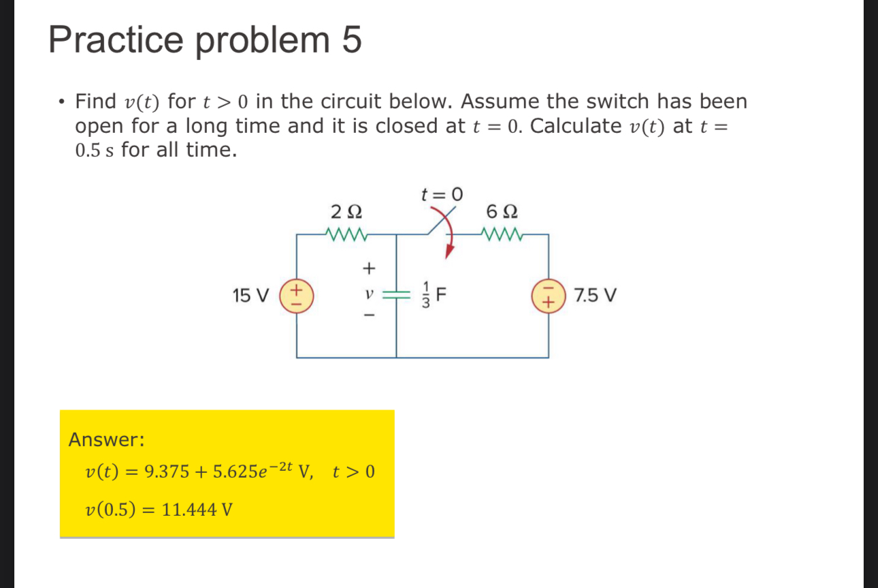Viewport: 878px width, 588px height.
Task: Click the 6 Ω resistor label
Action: pyautogui.click(x=502, y=210)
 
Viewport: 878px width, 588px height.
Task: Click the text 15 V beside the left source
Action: pyautogui.click(x=250, y=296)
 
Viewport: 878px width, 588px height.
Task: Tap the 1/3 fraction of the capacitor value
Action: pyautogui.click(x=425, y=296)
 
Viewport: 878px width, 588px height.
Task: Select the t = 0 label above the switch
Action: pyautogui.click(x=442, y=194)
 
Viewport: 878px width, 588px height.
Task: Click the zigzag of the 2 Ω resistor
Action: pyautogui.click(x=347, y=235)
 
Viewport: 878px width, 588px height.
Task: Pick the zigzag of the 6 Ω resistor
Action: pyautogui.click(x=502, y=235)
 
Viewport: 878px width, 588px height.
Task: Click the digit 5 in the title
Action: pyautogui.click(x=351, y=40)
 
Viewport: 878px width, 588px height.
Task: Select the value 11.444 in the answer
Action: pyautogui.click(x=189, y=509)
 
